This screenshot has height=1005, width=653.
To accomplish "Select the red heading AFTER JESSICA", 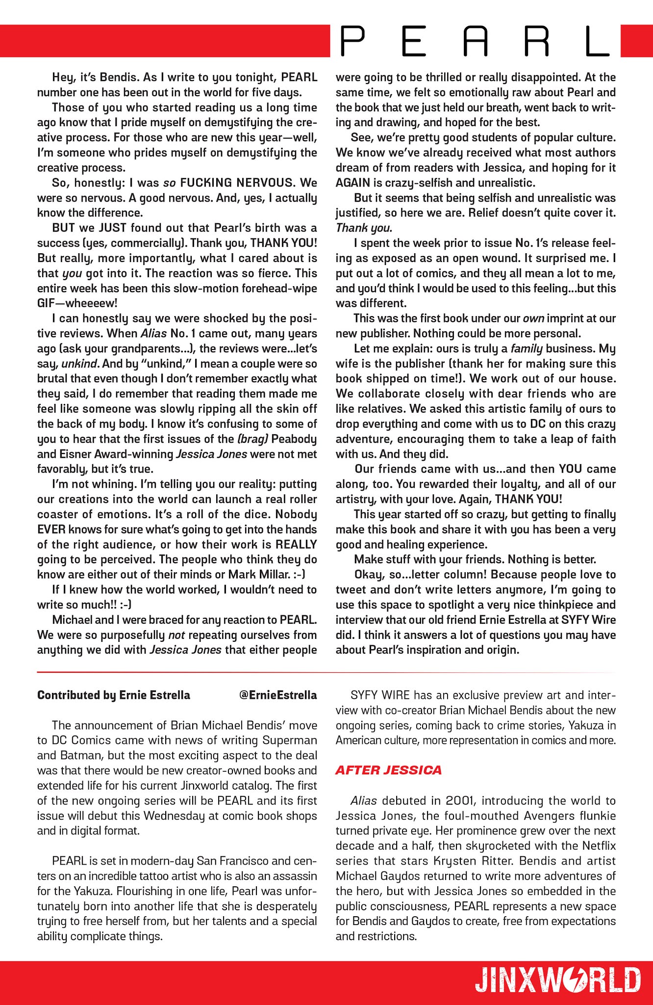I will [388, 770].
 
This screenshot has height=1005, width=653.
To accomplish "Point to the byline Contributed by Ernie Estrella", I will [113, 695].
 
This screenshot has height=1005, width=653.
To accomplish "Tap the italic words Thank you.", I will [363, 228].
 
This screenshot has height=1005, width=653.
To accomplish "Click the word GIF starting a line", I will [47, 303].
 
